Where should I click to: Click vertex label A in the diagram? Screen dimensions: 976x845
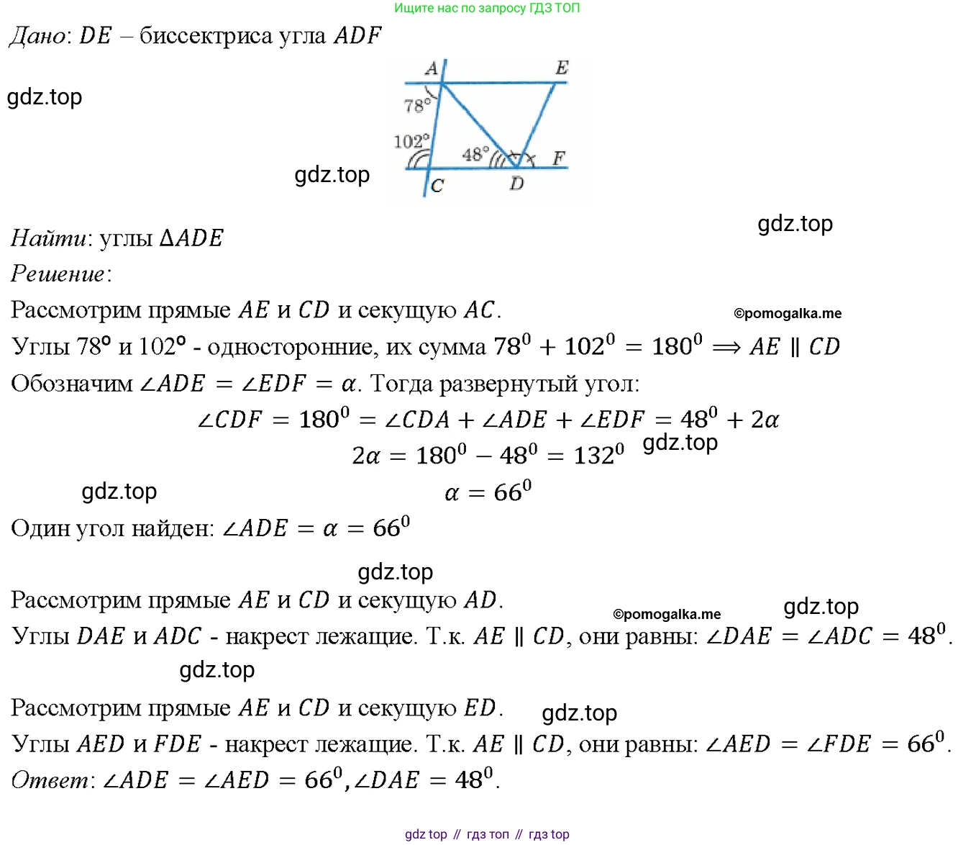tap(431, 69)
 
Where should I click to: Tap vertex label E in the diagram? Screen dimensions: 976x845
tap(562, 68)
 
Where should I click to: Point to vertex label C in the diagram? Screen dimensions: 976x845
tap(437, 186)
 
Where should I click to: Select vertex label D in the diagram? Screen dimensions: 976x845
tap(516, 183)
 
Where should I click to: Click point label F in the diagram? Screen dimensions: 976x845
tap(559, 158)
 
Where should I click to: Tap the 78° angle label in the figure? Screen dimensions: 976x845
tap(417, 105)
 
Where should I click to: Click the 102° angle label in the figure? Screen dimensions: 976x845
tap(411, 141)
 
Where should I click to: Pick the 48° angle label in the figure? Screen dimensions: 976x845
tap(475, 155)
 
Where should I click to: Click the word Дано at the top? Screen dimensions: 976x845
tap(38, 36)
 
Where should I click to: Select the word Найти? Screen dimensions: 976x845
tap(48, 238)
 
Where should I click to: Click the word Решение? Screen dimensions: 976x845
tap(58, 274)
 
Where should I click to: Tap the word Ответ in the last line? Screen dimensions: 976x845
tap(50, 780)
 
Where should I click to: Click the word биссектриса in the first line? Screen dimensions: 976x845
tap(206, 36)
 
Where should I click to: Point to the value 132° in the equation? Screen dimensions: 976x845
tap(598, 454)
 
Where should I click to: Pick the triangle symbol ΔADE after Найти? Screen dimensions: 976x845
tap(191, 238)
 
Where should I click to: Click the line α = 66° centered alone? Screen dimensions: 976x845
tap(488, 491)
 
